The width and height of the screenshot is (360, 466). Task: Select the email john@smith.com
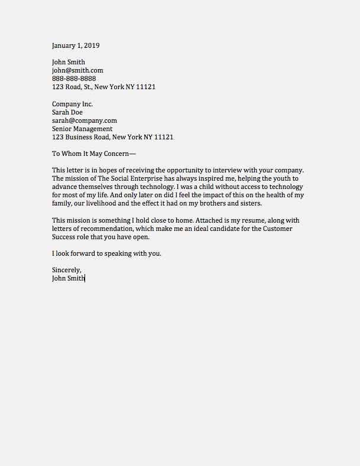pos(77,70)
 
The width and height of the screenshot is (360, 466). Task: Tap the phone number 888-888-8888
pos(74,79)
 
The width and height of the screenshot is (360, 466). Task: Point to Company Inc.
pos(72,104)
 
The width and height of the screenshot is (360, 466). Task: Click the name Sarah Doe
pos(67,112)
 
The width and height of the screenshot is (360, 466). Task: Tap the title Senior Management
pos(82,129)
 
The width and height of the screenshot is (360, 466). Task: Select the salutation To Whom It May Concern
pos(93,154)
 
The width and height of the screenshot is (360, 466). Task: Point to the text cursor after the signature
pos(86,278)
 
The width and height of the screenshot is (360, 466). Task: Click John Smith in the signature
pos(68,278)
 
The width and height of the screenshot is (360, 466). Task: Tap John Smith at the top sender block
pos(69,62)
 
